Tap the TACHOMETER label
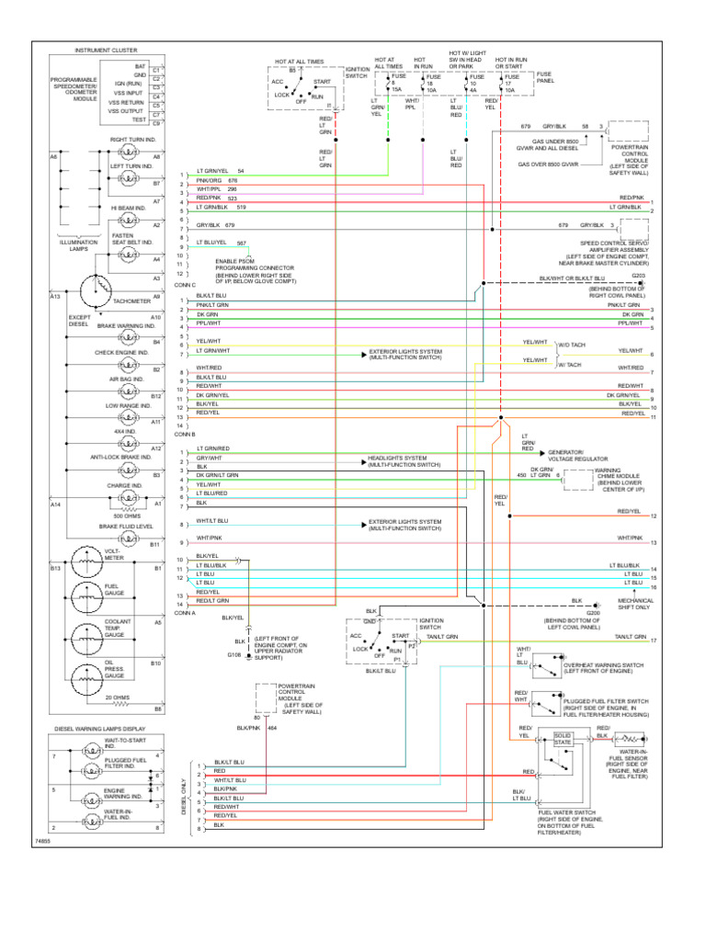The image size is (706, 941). [131, 299]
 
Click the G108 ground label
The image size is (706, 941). [233, 655]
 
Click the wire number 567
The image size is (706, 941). [241, 243]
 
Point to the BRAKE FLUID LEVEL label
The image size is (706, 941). [124, 527]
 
